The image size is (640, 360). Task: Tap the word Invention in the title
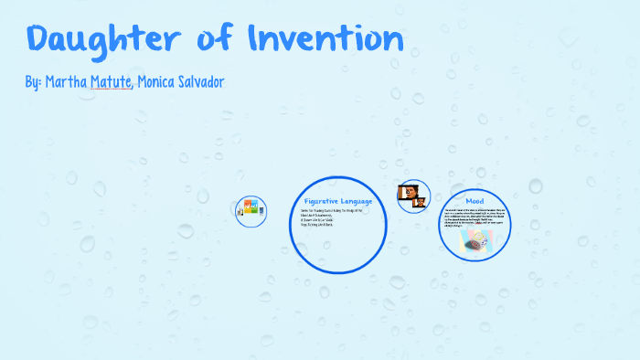(325, 39)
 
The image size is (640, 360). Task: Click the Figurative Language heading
(337, 200)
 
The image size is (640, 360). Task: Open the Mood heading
(475, 200)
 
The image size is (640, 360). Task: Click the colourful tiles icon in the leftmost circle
(250, 209)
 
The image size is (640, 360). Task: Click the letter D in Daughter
(38, 39)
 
